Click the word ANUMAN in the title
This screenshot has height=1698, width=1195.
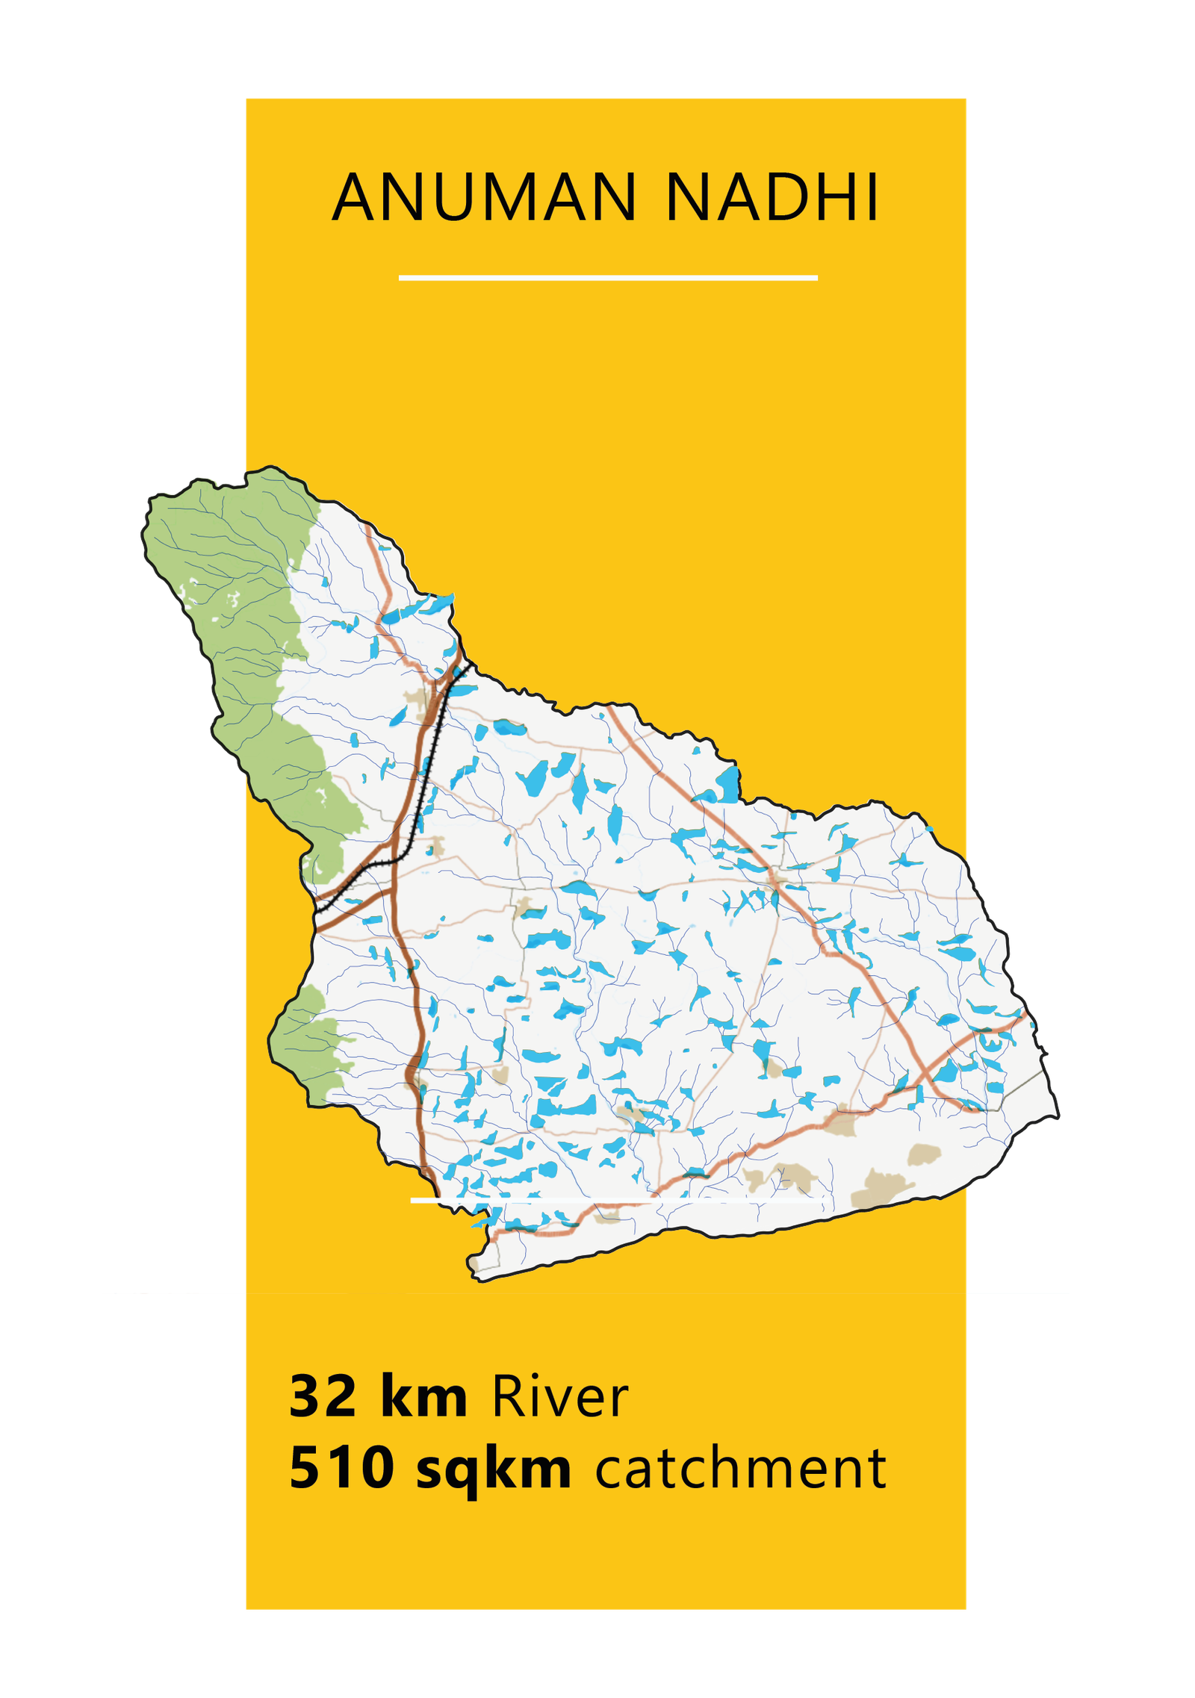coord(484,198)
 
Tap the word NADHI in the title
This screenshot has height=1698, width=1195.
coord(772,198)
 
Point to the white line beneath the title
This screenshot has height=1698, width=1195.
coord(608,278)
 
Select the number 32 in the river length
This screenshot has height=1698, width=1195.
coord(323,1396)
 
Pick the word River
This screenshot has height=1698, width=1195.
coord(559,1396)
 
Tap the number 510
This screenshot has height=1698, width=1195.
coord(341,1467)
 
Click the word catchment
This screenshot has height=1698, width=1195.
coord(740,1468)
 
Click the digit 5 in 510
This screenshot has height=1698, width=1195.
coord(305,1467)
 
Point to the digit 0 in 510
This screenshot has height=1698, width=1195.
coord(375,1467)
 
